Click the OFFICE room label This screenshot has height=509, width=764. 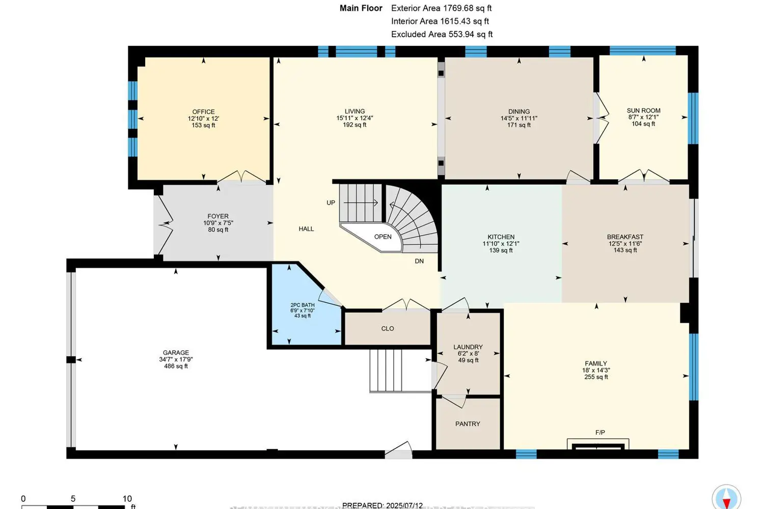(x=203, y=111)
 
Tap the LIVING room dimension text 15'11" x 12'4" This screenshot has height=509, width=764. (x=354, y=118)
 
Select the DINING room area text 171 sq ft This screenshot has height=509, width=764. (x=519, y=125)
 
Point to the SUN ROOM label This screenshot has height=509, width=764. (x=643, y=110)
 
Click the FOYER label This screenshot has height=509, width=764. (x=218, y=216)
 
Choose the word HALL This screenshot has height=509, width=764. (x=306, y=229)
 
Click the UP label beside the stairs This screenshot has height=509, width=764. (x=331, y=203)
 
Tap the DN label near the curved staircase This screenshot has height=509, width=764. (x=419, y=261)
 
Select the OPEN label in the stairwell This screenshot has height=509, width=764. (x=383, y=237)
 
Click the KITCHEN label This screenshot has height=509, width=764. (x=501, y=237)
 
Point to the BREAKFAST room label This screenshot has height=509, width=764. (x=625, y=237)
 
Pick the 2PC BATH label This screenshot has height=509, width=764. (x=303, y=305)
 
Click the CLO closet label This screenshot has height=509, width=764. (x=388, y=329)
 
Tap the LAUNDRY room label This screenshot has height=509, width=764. (x=468, y=347)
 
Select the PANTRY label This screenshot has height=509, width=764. (x=468, y=424)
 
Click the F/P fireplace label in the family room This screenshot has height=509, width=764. (x=600, y=433)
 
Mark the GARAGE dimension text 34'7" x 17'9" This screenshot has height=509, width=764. (x=176, y=359)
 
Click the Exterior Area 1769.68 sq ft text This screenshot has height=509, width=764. (x=441, y=8)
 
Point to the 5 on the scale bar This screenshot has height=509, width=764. (x=73, y=499)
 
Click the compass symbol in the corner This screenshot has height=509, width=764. (x=726, y=497)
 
